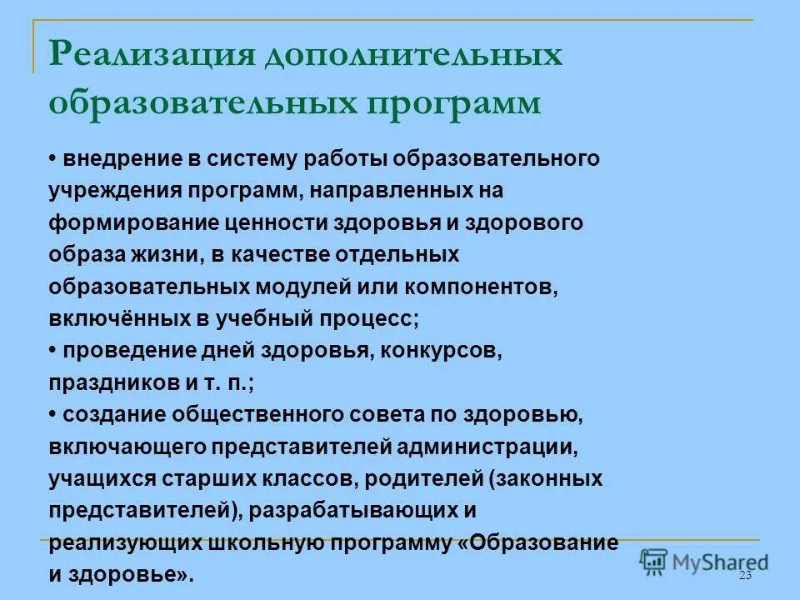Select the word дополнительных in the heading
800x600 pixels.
413,56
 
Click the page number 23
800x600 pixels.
744,577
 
